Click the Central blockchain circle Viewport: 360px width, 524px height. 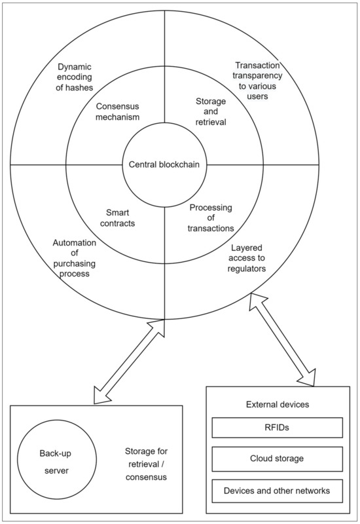click(x=163, y=164)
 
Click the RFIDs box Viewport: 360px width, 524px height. click(x=278, y=428)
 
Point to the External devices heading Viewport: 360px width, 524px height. click(x=278, y=405)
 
